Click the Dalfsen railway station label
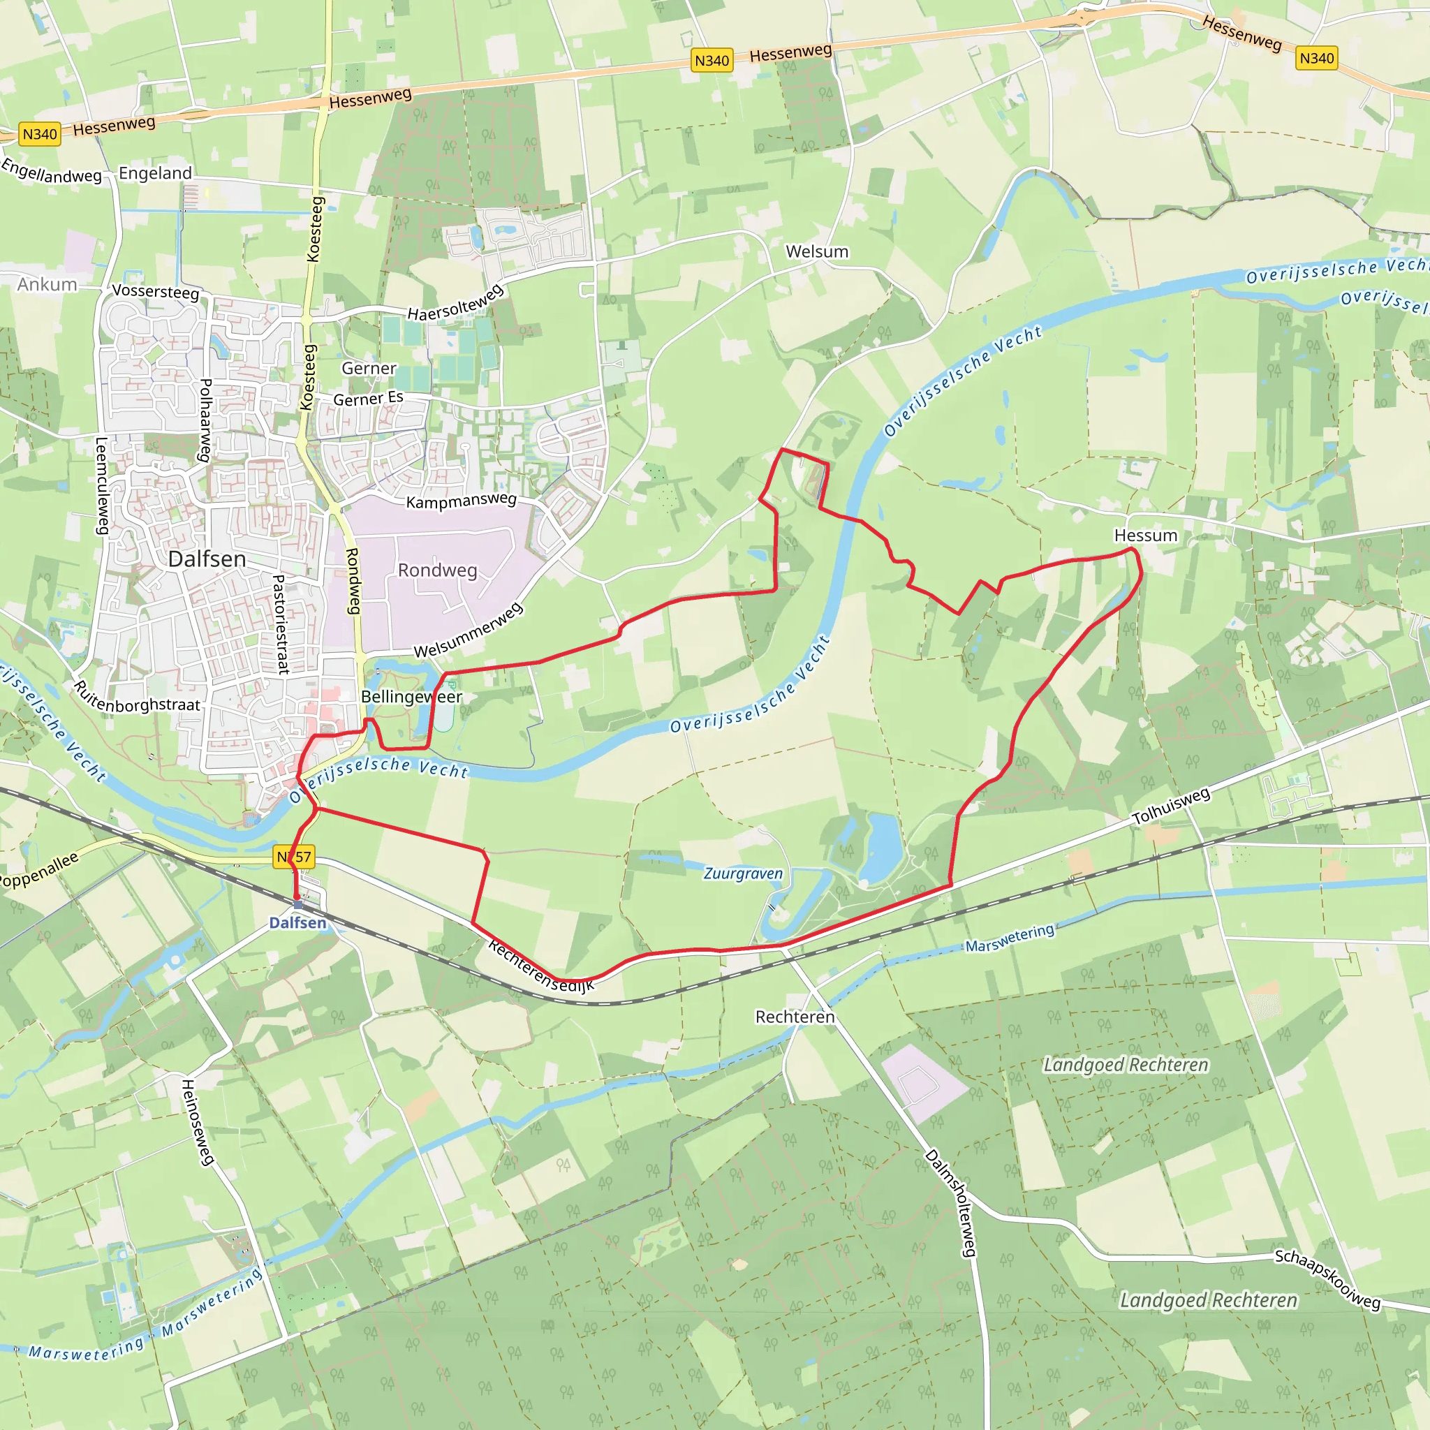pyautogui.click(x=297, y=922)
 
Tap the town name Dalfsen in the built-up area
pyautogui.click(x=207, y=559)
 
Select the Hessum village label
pyautogui.click(x=1145, y=535)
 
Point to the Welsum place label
pyautogui.click(x=816, y=251)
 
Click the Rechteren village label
pyautogui.click(x=794, y=1017)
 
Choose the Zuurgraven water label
pyautogui.click(x=742, y=874)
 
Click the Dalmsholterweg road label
pyautogui.click(x=951, y=1203)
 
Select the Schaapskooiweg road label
pyautogui.click(x=1327, y=1280)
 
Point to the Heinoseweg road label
pyautogui.click(x=198, y=1122)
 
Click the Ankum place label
pyautogui.click(x=47, y=285)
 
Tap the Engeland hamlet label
pyautogui.click(x=155, y=173)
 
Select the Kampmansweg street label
pyautogui.click(x=460, y=501)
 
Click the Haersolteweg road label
pyautogui.click(x=455, y=304)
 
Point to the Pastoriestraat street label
pyautogui.click(x=280, y=624)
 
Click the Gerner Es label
pyautogui.click(x=368, y=398)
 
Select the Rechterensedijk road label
pyautogui.click(x=541, y=966)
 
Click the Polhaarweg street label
pyautogui.click(x=206, y=420)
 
